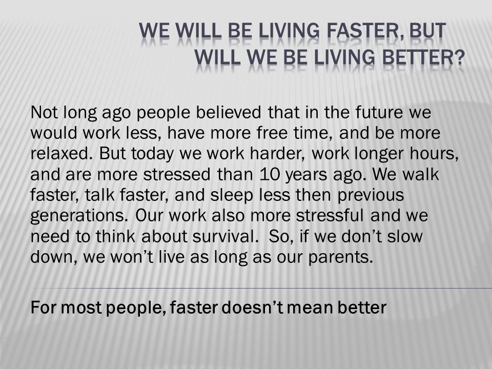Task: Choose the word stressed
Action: pyautogui.click(x=177, y=174)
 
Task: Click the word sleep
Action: pyautogui.click(x=232, y=195)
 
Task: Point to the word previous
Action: pyautogui.click(x=371, y=195)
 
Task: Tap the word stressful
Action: pyautogui.click(x=330, y=215)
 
